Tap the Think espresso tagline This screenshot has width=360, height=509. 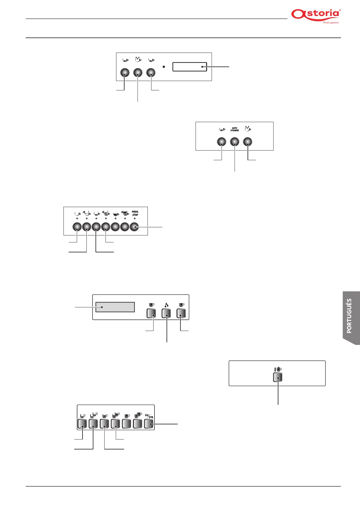pyautogui.click(x=331, y=22)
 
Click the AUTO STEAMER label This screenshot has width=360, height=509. pyautogui.click(x=235, y=129)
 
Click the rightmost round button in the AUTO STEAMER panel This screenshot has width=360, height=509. pyautogui.click(x=248, y=142)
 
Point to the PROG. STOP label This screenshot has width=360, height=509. pyautogui.click(x=135, y=213)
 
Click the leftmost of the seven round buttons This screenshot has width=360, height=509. pyautogui.click(x=77, y=227)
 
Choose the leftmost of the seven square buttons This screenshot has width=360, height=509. pyautogui.click(x=82, y=424)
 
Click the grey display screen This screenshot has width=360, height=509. pyautogui.click(x=115, y=307)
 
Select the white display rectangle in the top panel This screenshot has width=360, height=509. pyautogui.click(x=190, y=67)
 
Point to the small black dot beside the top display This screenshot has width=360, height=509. pyautogui.click(x=164, y=66)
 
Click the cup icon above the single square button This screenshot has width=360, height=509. pyautogui.click(x=278, y=369)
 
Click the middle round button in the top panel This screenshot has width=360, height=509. pyautogui.click(x=138, y=73)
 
